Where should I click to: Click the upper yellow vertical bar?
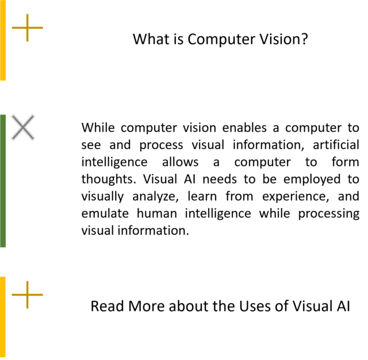[x=3, y=40]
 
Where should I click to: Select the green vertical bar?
[x=3, y=181]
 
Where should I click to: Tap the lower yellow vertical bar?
[x=3, y=317]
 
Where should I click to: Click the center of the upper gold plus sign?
[x=27, y=28]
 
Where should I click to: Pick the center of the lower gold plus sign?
[x=27, y=294]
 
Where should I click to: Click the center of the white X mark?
[x=23, y=127]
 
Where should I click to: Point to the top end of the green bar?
[x=3, y=114]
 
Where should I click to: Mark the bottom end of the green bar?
[x=3, y=247]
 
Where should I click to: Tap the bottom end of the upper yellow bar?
[x=3, y=81]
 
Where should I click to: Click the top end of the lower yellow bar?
[x=3, y=277]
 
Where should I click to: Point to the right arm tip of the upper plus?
[x=43, y=28]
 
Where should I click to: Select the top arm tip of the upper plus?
[x=27, y=14]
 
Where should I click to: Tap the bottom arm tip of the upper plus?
[x=27, y=41]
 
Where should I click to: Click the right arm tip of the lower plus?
[x=43, y=294]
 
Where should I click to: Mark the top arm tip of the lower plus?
[x=27, y=281]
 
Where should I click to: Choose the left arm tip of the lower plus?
[x=12, y=294]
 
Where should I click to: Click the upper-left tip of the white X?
[x=11, y=115]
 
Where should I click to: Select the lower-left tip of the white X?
[x=11, y=140]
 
